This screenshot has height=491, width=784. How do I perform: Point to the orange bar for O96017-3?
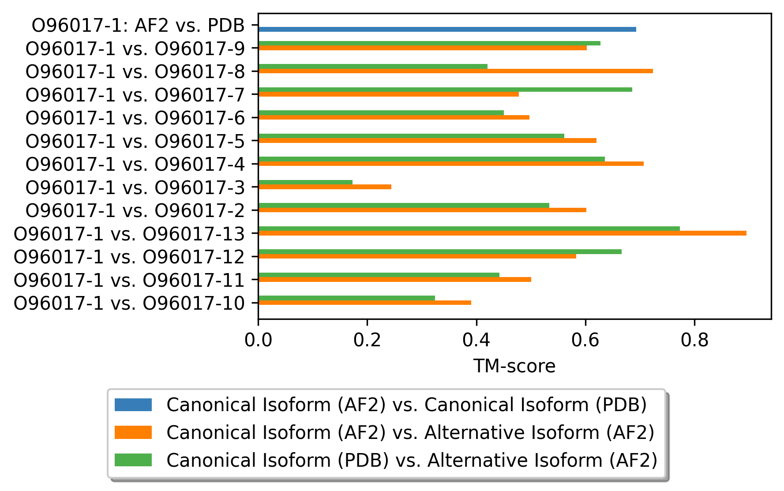(325, 187)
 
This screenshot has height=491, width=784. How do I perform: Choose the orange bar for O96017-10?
(364, 303)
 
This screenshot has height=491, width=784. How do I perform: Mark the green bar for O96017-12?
(439, 252)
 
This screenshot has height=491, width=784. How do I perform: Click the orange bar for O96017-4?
(450, 164)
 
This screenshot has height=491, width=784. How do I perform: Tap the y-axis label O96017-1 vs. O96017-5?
(135, 141)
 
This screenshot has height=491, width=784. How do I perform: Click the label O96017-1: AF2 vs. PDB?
(138, 26)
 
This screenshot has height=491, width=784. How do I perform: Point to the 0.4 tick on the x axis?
(476, 340)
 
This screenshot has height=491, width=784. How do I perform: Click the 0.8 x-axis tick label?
(694, 340)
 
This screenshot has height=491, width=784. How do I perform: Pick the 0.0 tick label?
(258, 340)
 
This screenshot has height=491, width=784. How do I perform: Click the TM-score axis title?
(514, 366)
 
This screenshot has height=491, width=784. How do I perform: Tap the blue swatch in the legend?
(133, 405)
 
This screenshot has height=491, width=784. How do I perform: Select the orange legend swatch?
(133, 433)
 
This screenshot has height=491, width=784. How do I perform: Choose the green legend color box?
(133, 460)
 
